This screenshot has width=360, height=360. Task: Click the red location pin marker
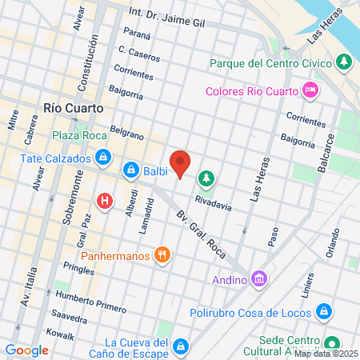tap(181, 162)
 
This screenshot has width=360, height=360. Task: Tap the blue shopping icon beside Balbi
tap(130, 170)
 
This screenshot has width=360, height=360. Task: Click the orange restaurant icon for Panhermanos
tap(162, 255)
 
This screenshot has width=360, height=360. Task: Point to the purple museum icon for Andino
tap(259, 279)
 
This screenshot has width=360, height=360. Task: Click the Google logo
tap(26, 350)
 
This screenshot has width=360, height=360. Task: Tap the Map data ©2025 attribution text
tap(326, 354)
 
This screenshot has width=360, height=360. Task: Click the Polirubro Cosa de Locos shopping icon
tap(324, 310)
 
